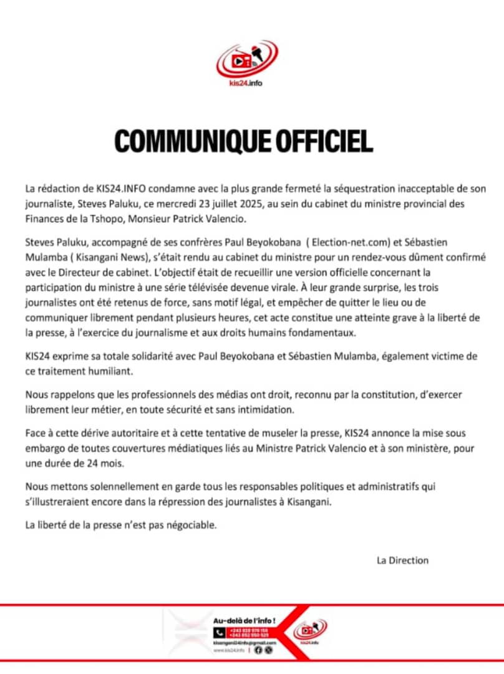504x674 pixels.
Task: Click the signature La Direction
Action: click(x=402, y=560)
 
